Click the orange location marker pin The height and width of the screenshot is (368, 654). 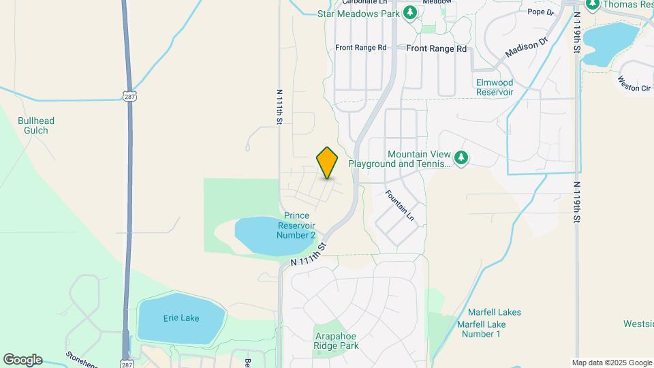pyautogui.click(x=328, y=163)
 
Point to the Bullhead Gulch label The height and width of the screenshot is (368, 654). pyautogui.click(x=36, y=125)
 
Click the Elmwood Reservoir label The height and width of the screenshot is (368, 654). pyautogui.click(x=495, y=87)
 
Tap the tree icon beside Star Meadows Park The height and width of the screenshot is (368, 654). pyautogui.click(x=409, y=13)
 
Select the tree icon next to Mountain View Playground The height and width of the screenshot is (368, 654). pyautogui.click(x=462, y=158)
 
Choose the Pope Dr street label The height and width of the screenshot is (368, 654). pyautogui.click(x=538, y=12)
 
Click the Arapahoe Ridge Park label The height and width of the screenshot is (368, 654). pyautogui.click(x=337, y=341)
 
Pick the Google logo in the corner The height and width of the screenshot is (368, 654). pyautogui.click(x=22, y=359)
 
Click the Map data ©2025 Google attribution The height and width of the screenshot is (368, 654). pyautogui.click(x=611, y=363)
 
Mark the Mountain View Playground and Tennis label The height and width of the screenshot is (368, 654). pyautogui.click(x=399, y=159)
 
